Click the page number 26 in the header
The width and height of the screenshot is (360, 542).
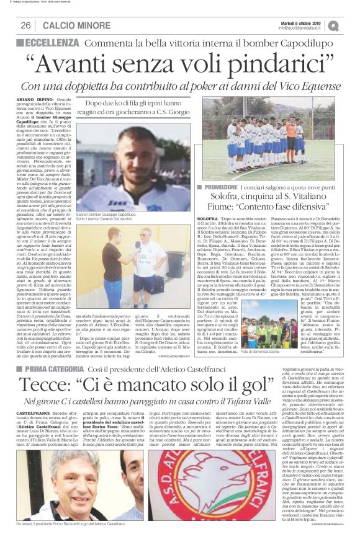point(25,25)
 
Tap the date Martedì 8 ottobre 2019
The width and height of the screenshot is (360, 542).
point(299,22)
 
